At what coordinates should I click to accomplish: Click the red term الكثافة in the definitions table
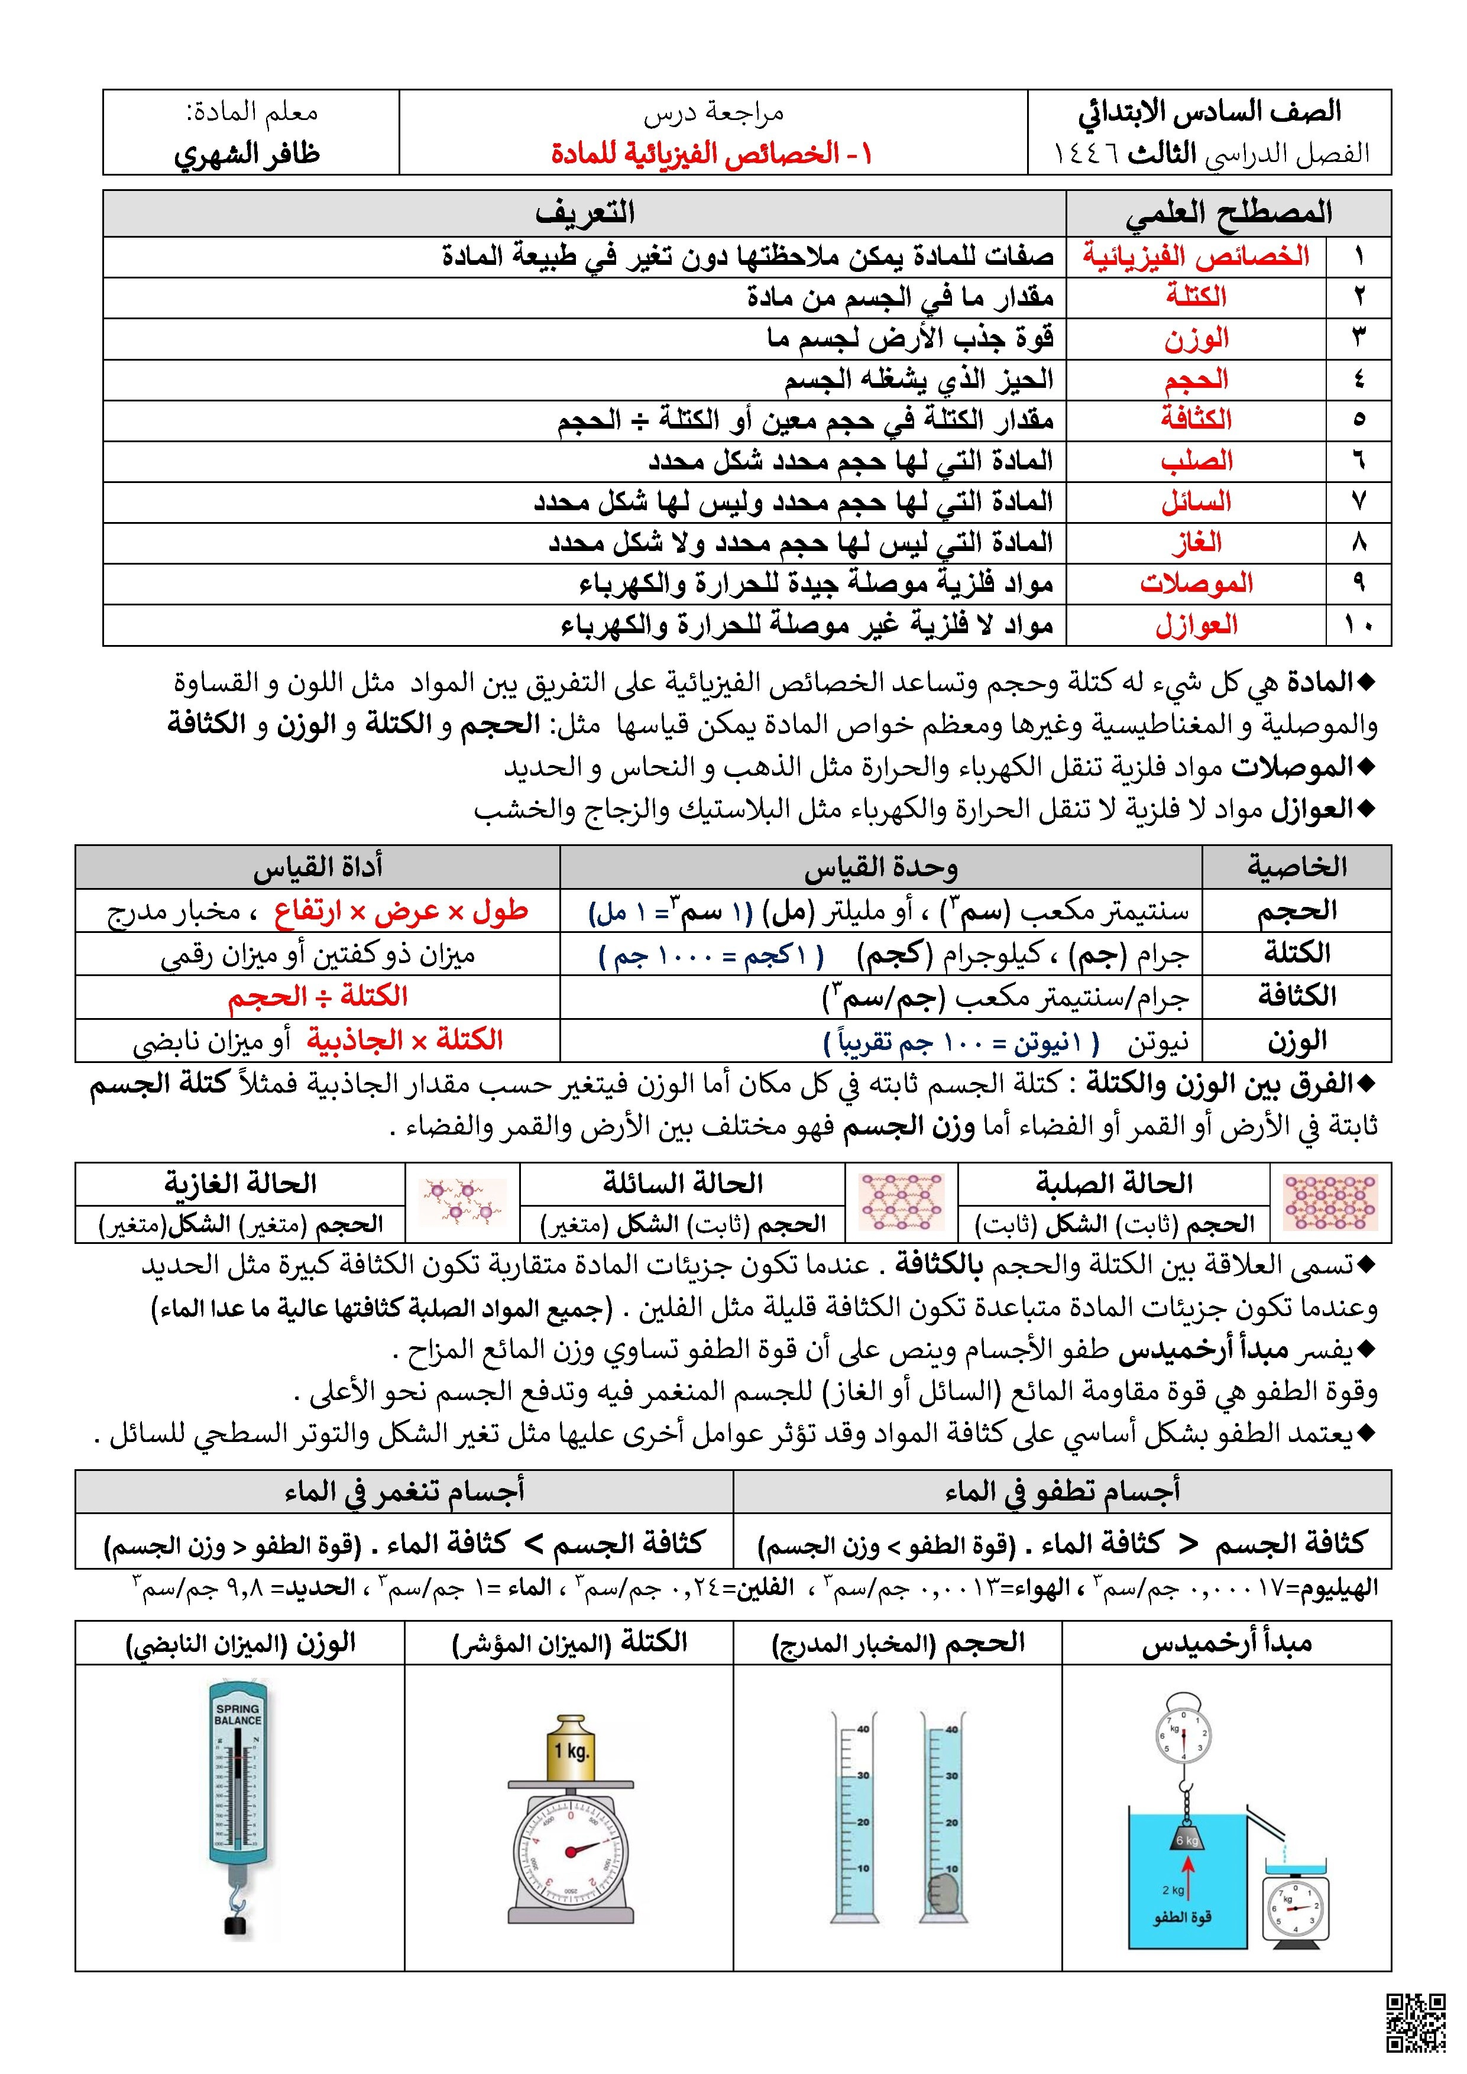[x=1196, y=419]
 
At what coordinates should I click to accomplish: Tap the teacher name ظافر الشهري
[x=247, y=154]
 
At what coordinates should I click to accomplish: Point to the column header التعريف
[x=585, y=213]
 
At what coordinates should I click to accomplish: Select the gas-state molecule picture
[x=464, y=1203]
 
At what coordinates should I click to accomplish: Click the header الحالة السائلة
[x=683, y=1182]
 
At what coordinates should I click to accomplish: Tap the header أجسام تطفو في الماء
[x=1063, y=1492]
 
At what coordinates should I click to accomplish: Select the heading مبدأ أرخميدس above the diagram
[x=1227, y=1643]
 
